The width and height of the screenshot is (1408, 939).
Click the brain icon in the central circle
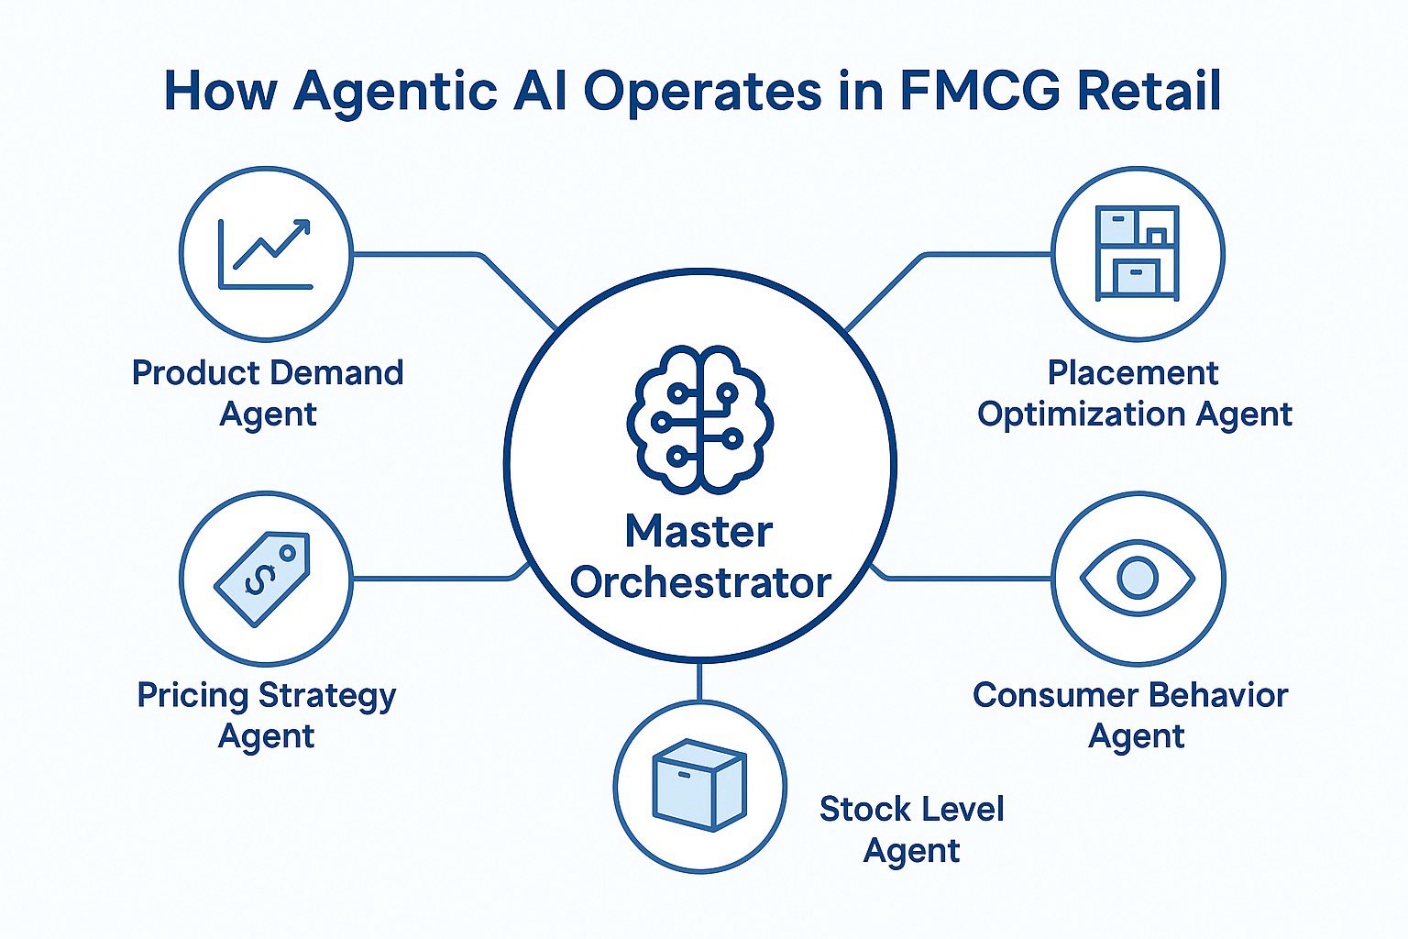coord(699,418)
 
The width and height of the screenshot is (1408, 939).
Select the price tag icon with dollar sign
coord(263,578)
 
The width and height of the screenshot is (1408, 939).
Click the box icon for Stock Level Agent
coord(698,785)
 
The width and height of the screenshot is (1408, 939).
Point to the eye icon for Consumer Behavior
coord(1138,578)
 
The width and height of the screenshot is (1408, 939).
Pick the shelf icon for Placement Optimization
coord(1138,253)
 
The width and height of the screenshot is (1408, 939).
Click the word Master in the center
coord(698,532)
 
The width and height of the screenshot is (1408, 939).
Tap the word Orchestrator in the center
coord(700,582)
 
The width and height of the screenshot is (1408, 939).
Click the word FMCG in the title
coord(976,91)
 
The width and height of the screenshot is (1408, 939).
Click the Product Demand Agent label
coord(268,392)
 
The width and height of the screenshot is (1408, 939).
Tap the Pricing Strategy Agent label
coord(266,715)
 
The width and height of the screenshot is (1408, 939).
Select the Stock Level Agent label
coord(911,829)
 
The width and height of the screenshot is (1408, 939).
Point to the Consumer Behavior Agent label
coord(1130,715)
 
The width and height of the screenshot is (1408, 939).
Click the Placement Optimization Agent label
coord(1134,392)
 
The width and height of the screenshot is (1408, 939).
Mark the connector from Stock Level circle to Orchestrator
coord(698,680)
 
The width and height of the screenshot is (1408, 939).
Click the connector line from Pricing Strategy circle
coord(431,579)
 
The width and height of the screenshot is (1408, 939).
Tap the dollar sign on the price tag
coord(259,578)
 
